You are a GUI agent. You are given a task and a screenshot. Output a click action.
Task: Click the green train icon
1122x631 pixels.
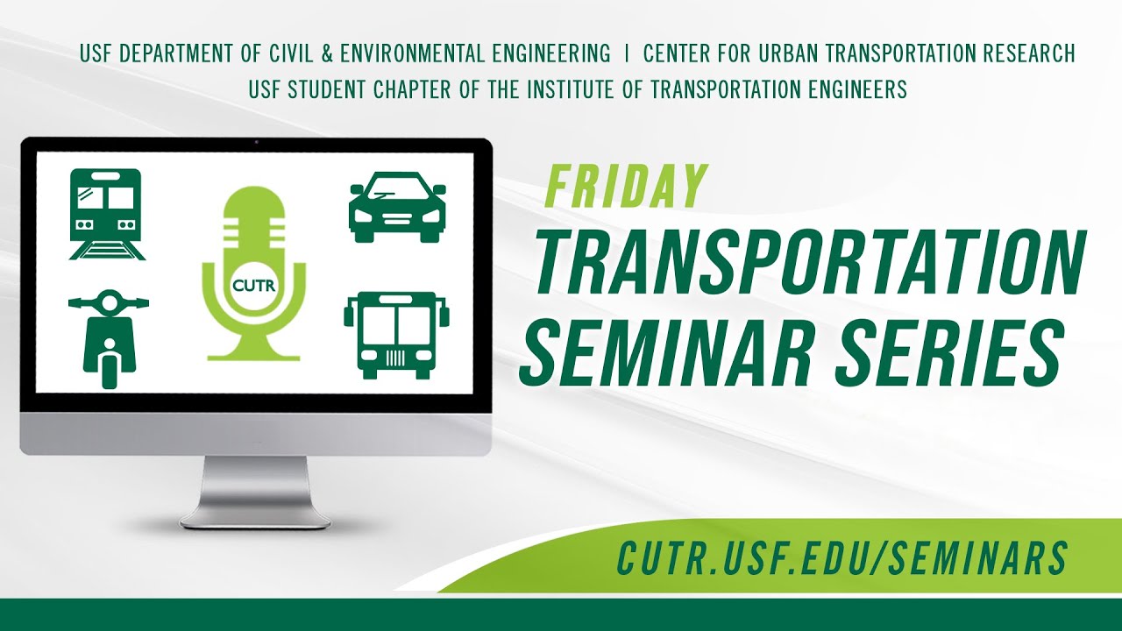pyautogui.click(x=107, y=214)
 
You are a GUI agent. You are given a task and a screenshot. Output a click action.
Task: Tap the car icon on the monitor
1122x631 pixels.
pyautogui.click(x=397, y=207)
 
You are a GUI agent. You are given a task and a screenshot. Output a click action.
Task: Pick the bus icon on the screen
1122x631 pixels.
pyautogui.click(x=396, y=335)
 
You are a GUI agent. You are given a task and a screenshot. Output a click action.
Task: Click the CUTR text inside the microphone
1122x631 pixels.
pyautogui.click(x=253, y=284)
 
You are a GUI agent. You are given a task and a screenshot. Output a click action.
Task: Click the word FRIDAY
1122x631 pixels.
pyautogui.click(x=625, y=187)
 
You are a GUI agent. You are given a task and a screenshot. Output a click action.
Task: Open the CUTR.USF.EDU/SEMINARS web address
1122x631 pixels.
pyautogui.click(x=842, y=557)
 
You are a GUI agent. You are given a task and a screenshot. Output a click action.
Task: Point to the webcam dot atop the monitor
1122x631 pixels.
pyautogui.click(x=255, y=142)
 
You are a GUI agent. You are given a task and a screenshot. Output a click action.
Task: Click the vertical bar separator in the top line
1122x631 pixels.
pyautogui.click(x=627, y=53)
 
